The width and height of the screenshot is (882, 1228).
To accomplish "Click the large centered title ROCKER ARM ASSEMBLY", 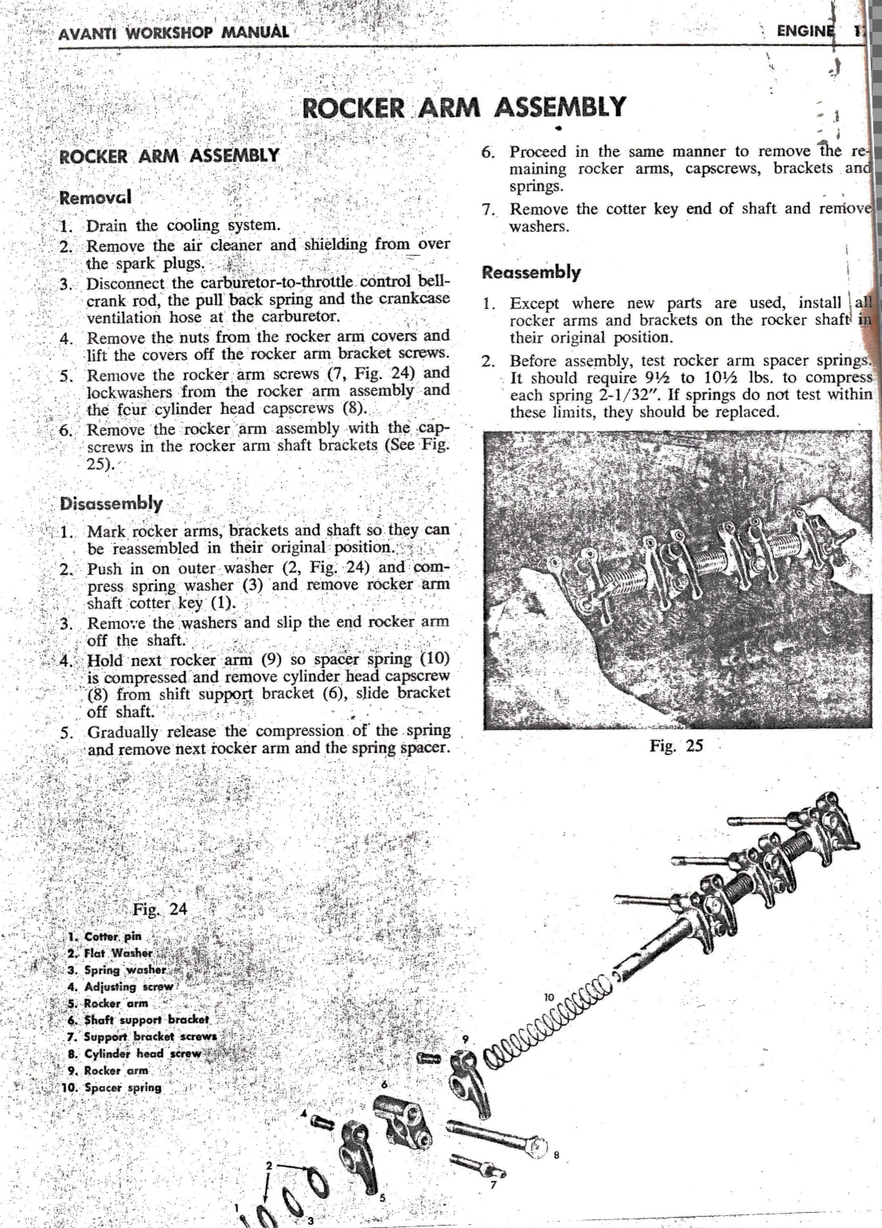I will click(x=465, y=108).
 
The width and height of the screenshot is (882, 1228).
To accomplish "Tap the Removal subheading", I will click(x=96, y=196).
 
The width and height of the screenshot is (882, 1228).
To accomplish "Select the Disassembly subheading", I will click(x=111, y=503).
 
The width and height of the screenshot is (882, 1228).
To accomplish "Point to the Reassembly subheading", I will click(x=532, y=272).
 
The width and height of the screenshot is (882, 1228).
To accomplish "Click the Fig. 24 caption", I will click(x=160, y=909).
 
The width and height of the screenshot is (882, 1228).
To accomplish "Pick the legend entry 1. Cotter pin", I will click(x=104, y=937).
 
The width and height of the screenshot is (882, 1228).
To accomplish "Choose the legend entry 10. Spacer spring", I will click(x=113, y=1087).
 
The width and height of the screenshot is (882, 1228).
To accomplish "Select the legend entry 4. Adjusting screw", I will click(x=120, y=987).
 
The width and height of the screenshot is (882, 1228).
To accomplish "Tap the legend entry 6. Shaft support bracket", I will click(x=138, y=1020).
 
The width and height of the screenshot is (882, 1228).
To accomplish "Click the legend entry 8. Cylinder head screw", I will click(x=135, y=1054).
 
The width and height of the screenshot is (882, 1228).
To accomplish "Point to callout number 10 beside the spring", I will click(x=549, y=996).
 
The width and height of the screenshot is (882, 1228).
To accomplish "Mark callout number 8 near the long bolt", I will click(x=556, y=1156).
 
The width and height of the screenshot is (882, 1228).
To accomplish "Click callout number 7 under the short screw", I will click(x=494, y=1183).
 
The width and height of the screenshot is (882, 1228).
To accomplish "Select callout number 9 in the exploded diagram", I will click(x=466, y=1039).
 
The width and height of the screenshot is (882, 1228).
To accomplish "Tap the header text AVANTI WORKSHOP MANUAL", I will click(x=174, y=33).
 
